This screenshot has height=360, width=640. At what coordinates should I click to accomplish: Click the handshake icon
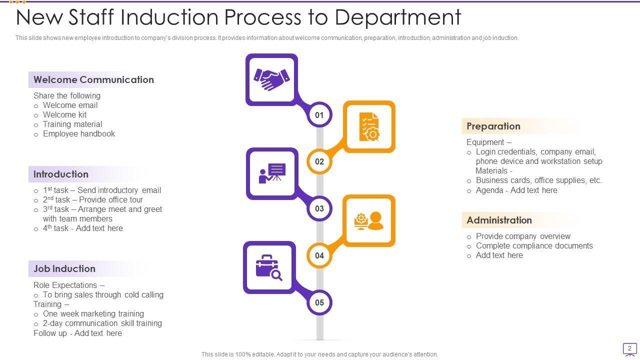[x=271, y=79]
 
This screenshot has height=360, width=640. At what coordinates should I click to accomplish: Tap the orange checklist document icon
[x=369, y=126]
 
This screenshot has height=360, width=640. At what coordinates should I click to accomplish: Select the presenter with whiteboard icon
[x=272, y=173]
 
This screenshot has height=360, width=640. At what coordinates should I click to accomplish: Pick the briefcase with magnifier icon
[x=268, y=267]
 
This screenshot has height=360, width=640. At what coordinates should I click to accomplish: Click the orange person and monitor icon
[x=369, y=220]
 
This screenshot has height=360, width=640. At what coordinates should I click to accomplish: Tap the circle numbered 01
[x=319, y=115]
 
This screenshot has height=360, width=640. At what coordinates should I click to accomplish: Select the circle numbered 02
[x=319, y=161]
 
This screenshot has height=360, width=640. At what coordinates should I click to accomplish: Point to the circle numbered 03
[x=319, y=208]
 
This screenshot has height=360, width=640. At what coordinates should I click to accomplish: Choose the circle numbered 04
[x=319, y=255]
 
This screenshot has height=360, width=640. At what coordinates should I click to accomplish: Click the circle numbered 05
[x=319, y=302]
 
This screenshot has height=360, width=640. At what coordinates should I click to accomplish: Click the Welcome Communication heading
[x=93, y=79]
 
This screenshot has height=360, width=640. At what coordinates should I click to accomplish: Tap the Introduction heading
[x=61, y=174]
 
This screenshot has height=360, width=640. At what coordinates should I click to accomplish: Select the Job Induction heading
[x=64, y=268]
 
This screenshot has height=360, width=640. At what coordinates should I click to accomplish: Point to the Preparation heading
[x=493, y=126]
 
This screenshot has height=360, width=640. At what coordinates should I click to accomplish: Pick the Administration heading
[x=499, y=220]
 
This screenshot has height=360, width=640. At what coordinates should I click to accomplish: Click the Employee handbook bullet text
[x=79, y=133]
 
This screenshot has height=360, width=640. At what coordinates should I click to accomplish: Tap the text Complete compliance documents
[x=534, y=245]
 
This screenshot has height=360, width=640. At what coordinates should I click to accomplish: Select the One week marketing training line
[x=93, y=313]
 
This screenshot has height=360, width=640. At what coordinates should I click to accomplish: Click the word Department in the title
[x=397, y=17]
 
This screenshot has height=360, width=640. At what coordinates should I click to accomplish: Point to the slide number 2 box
[x=629, y=349]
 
